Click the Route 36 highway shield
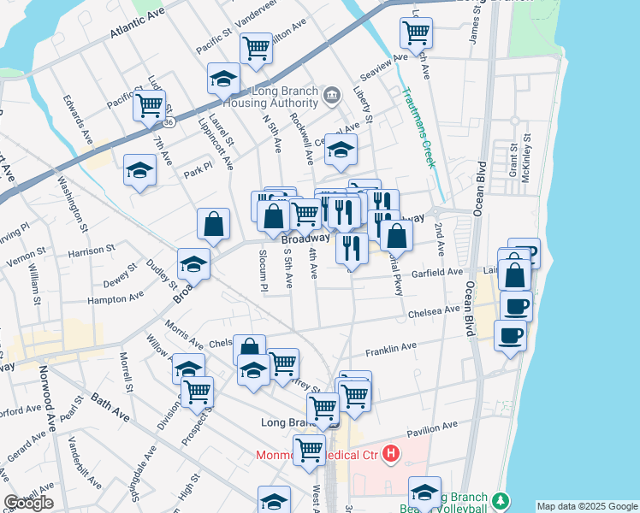coord(169,122)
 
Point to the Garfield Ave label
coord(438,272)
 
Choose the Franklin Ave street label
coord(391,350)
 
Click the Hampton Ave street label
coord(116,298)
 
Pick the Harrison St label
coord(92,251)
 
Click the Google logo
coord(28,503)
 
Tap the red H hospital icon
coord(391,452)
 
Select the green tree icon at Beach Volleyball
coord(501,498)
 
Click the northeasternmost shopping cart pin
coord(416,32)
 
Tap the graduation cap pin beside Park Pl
coord(139,169)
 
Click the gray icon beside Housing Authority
coord(334,93)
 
